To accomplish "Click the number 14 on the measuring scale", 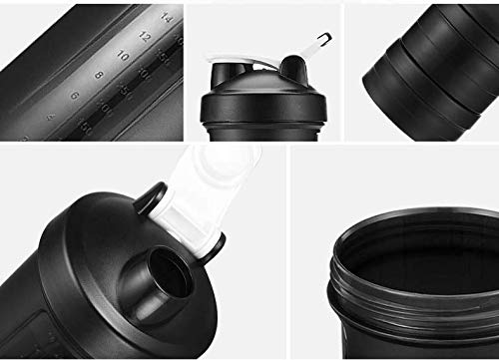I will pyautogui.click(x=166, y=18).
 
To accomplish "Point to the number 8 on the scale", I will pyautogui.click(x=98, y=75).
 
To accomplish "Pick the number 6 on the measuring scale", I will pyautogui.click(x=74, y=96).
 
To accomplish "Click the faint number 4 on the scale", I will pyautogui.click(x=52, y=116).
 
